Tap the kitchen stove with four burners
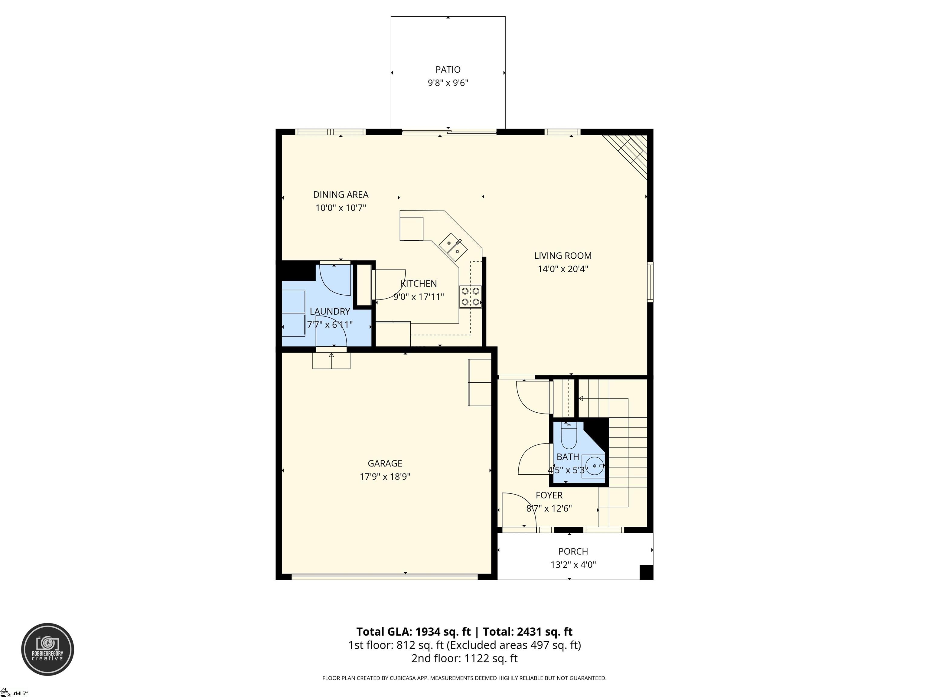coord(470,296)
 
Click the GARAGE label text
coord(385,463)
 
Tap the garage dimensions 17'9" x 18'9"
coord(385,476)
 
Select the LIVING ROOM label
coord(563,255)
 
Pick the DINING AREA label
coord(341,195)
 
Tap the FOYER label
coord(549,495)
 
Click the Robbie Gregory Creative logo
coord(47,650)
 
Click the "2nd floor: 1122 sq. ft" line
coord(464,658)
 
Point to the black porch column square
coord(646,572)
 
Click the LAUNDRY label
coord(330,311)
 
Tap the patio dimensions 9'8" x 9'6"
coord(448,83)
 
